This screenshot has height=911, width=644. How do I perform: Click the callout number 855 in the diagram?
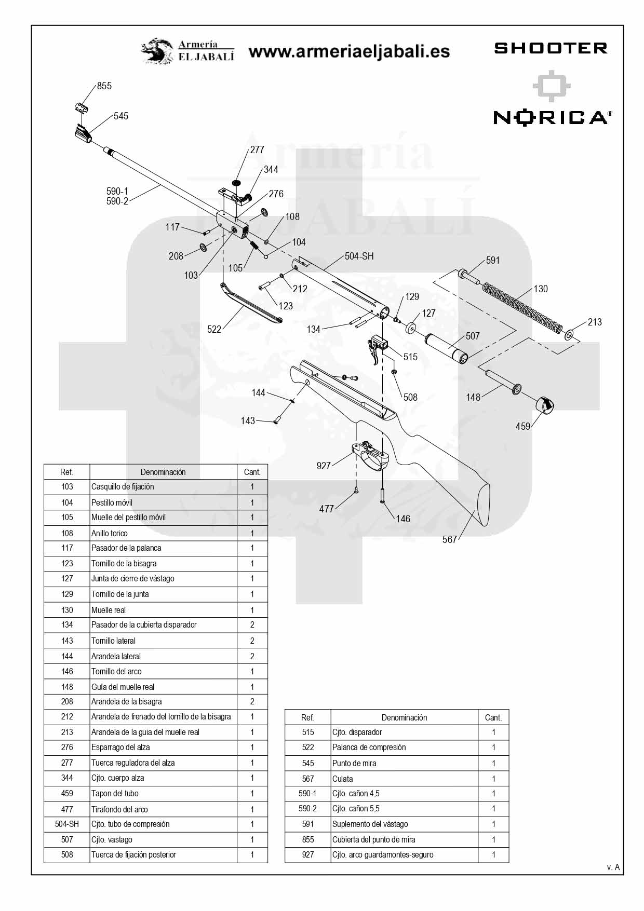coord(104,86)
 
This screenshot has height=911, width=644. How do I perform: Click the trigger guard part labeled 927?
coord(371,456)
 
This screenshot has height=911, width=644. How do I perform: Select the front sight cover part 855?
coord(81,108)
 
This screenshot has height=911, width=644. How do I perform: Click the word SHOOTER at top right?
coord(551,48)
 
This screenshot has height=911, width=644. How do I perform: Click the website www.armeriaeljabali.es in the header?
coord(349,51)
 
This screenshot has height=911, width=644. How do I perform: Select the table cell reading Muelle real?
coord(109,610)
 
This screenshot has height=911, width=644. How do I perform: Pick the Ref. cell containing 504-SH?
coord(67,824)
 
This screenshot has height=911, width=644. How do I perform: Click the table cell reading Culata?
coord(342,779)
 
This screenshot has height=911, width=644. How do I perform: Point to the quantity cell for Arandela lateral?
coord(252,656)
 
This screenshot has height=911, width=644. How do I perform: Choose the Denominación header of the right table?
coord(405,717)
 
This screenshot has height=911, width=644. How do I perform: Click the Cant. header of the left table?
coord(252,472)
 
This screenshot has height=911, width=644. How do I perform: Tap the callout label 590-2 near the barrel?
coord(117,201)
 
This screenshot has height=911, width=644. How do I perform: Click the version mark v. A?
coord(613,867)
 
